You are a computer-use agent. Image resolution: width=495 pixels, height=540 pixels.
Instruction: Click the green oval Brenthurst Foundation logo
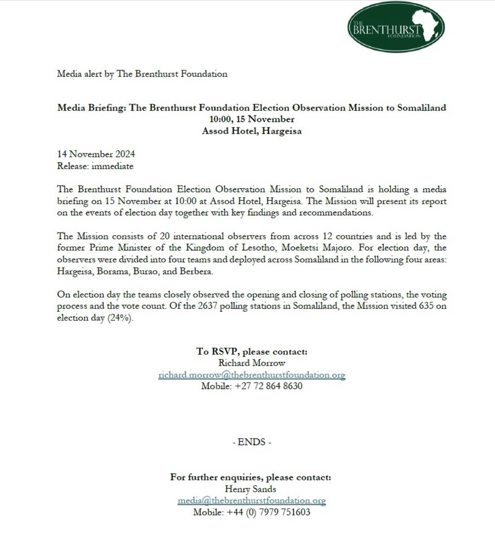395,27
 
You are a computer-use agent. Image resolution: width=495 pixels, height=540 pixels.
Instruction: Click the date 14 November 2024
96,155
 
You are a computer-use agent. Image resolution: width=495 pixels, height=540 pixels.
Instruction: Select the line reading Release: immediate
95,166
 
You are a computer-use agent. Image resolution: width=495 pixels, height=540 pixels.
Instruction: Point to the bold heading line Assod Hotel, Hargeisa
252,131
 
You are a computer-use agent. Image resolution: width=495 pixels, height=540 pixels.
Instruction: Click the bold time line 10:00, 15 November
252,119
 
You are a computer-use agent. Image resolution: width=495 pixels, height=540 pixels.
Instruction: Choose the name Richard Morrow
252,363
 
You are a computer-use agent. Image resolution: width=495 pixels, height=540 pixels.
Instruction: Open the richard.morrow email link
252,375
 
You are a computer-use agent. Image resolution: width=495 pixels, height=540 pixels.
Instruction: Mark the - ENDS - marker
252,442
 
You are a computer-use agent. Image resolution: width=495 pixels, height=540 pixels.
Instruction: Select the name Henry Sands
251,489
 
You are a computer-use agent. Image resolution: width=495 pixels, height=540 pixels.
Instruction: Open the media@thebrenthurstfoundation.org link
251,500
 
